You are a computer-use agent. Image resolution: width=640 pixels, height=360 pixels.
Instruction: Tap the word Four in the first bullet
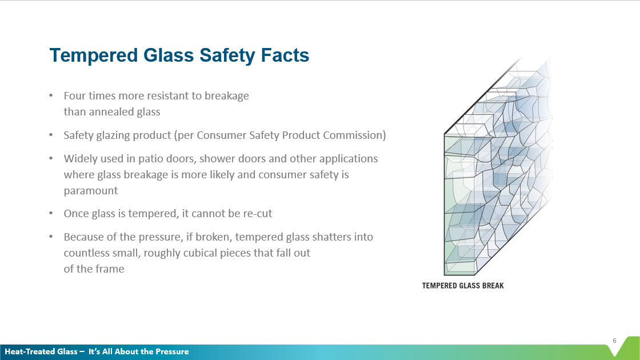[x=74, y=95]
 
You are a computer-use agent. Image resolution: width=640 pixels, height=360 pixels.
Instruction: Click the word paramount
[x=91, y=190]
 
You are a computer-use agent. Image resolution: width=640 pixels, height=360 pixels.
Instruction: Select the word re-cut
[x=257, y=214]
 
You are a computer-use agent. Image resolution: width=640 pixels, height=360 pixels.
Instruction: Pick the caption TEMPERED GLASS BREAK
[x=463, y=285]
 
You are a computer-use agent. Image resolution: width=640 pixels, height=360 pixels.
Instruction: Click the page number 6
[x=614, y=341]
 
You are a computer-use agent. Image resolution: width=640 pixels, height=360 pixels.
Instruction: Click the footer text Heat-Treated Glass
[x=41, y=351]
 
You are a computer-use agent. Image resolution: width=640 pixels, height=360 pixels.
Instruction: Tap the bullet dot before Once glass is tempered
[x=51, y=214]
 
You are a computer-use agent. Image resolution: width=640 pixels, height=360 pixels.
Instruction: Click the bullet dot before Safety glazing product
[x=51, y=135]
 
